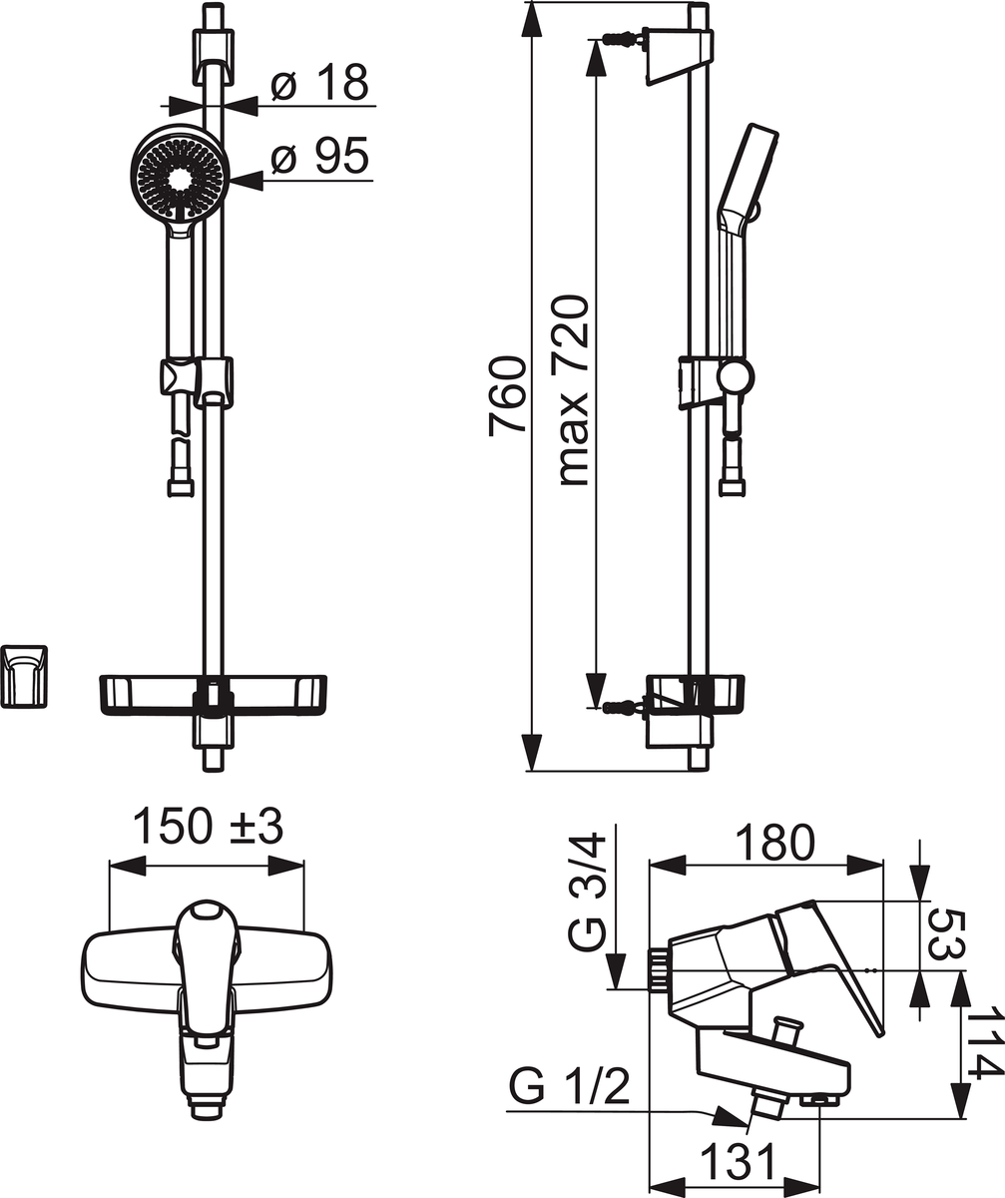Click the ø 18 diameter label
tap(319, 83)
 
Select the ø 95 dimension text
tap(319, 156)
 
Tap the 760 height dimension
tap(508, 396)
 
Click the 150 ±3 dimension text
tap(209, 827)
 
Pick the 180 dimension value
tap(775, 843)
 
